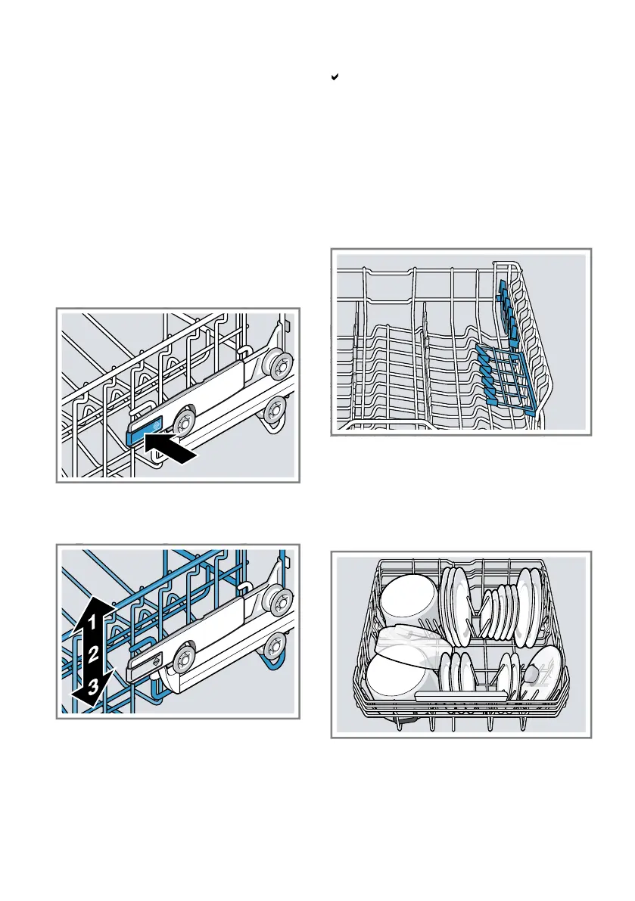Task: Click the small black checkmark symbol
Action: (335, 76)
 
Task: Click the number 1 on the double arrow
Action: (92, 622)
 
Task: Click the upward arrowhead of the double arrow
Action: (92, 608)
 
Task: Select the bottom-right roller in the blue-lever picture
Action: (275, 409)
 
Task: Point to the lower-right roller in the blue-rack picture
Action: (275, 645)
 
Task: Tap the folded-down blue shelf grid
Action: (506, 377)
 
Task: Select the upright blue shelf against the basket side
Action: (507, 309)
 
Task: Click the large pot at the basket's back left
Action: (409, 598)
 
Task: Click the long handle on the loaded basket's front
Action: (461, 697)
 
